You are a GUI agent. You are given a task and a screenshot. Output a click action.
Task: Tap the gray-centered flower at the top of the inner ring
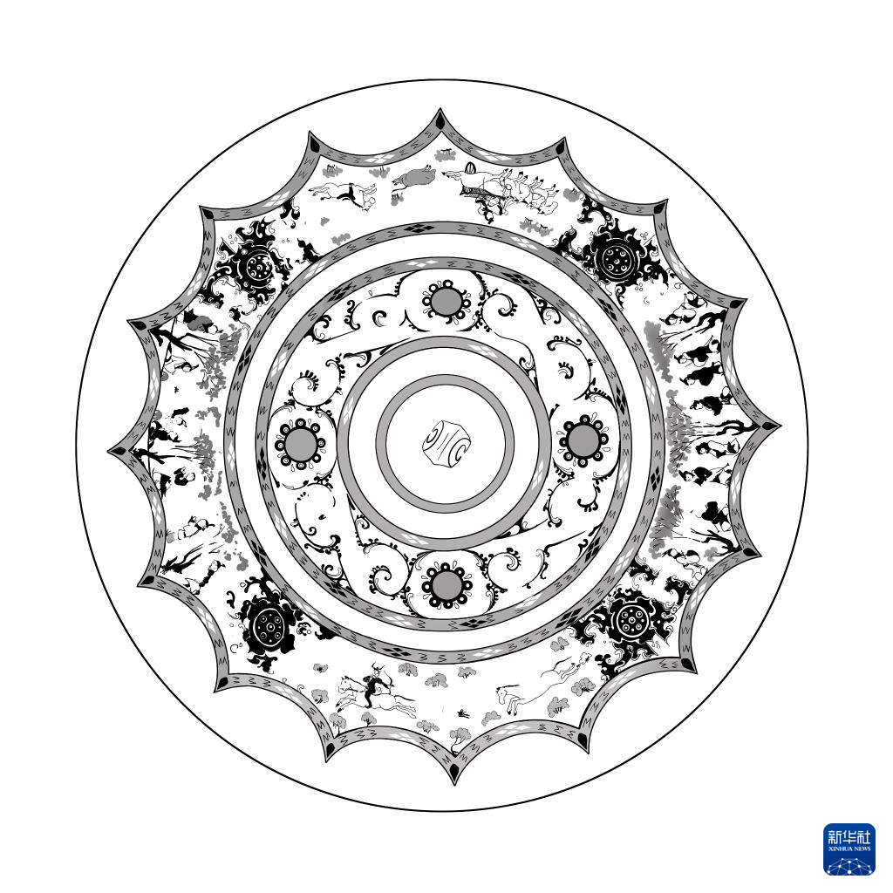pyautogui.click(x=447, y=302)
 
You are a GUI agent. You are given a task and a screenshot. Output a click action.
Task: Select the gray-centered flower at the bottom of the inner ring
pyautogui.click(x=447, y=584)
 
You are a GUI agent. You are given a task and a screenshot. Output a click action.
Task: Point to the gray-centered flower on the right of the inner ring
pyautogui.click(x=583, y=440)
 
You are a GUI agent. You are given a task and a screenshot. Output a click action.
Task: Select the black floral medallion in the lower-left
pyautogui.click(x=268, y=624)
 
